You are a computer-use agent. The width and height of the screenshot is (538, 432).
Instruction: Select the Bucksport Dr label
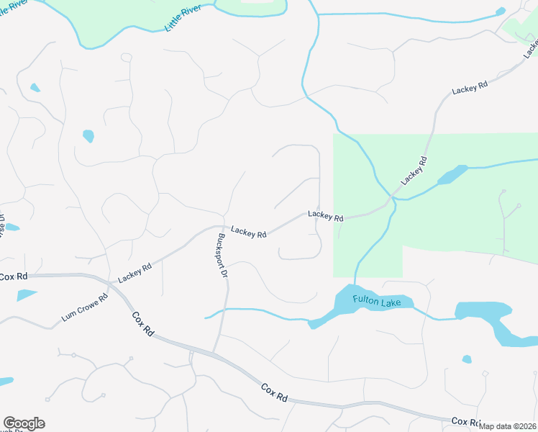[x=222, y=256]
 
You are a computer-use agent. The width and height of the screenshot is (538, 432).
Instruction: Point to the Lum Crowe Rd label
[x=84, y=307]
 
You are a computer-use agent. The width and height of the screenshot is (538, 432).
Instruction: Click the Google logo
[x=24, y=423]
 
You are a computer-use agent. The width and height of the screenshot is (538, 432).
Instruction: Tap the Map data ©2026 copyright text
[x=508, y=426]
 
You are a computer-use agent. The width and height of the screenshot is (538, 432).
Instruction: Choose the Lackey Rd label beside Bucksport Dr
[x=249, y=233]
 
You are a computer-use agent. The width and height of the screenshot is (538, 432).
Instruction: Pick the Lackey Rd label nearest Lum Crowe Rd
[x=134, y=272]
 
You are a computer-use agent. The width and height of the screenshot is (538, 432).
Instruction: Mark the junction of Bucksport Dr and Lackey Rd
[x=218, y=225]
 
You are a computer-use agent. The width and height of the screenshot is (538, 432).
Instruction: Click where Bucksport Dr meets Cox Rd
[x=213, y=353]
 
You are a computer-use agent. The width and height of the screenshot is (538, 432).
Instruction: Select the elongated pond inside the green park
[x=451, y=175]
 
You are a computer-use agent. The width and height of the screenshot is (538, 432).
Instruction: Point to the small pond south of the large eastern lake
[x=467, y=359]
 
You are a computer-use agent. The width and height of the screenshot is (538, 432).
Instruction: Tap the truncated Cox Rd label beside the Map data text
[x=465, y=420]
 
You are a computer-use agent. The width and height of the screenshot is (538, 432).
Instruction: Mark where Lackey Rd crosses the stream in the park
[x=391, y=196]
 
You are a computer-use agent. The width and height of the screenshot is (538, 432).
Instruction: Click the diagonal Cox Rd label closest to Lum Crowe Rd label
[x=142, y=323]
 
